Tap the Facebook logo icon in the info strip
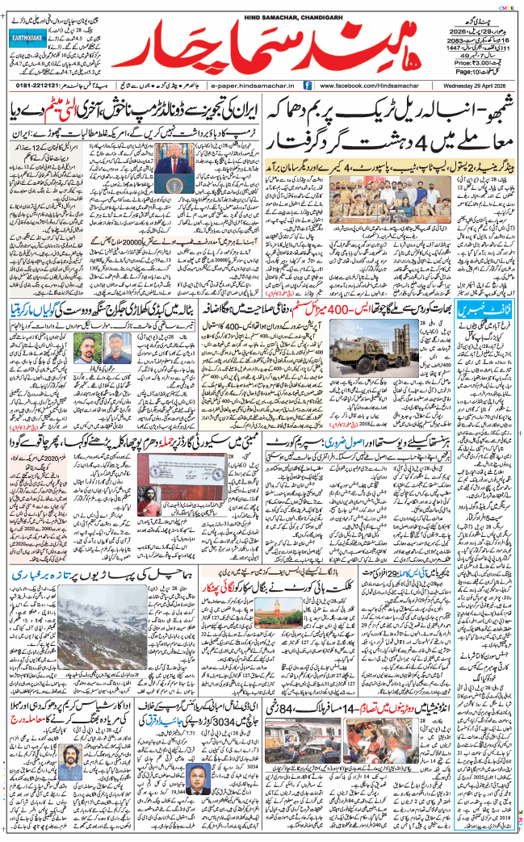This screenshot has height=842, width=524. pyautogui.click(x=307, y=85)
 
